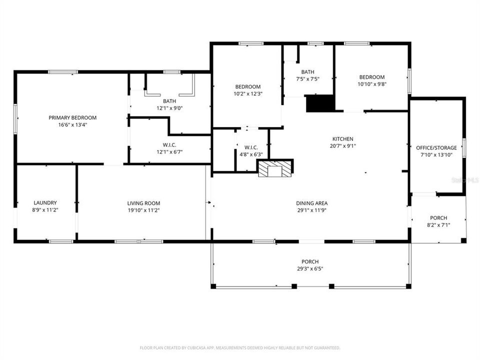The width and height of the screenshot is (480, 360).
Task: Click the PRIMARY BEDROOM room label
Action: point(72,117)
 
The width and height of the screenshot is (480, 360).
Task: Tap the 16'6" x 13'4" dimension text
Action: point(72,125)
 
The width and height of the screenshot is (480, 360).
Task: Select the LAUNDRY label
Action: point(45,203)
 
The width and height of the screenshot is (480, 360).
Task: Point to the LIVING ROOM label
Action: point(143,203)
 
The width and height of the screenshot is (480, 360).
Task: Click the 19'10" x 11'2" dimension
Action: point(143,210)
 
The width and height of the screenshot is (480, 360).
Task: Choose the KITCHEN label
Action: point(343,139)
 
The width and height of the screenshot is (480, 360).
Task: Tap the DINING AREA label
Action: point(311,203)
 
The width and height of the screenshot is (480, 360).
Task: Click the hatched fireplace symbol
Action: point(274,169)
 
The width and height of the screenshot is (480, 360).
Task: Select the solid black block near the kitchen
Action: point(319,103)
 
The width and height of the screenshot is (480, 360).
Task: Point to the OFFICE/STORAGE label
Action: point(436,148)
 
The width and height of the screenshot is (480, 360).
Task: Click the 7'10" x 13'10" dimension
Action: point(436,155)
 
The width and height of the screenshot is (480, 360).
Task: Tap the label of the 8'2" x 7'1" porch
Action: point(438,218)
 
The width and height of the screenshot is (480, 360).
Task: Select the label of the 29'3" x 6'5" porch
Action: point(310,261)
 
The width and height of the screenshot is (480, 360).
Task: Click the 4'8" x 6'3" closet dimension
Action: point(251,154)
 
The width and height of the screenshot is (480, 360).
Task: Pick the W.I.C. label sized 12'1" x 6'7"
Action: point(169,144)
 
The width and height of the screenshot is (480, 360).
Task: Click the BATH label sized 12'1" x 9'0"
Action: point(169,101)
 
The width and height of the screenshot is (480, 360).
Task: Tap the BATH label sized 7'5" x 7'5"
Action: point(307,71)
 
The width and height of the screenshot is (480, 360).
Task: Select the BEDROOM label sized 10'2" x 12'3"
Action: point(247,86)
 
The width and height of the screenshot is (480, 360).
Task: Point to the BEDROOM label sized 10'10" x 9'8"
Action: point(372,77)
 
